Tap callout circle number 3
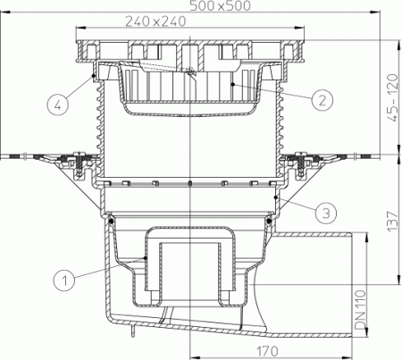326,212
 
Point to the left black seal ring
112,217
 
